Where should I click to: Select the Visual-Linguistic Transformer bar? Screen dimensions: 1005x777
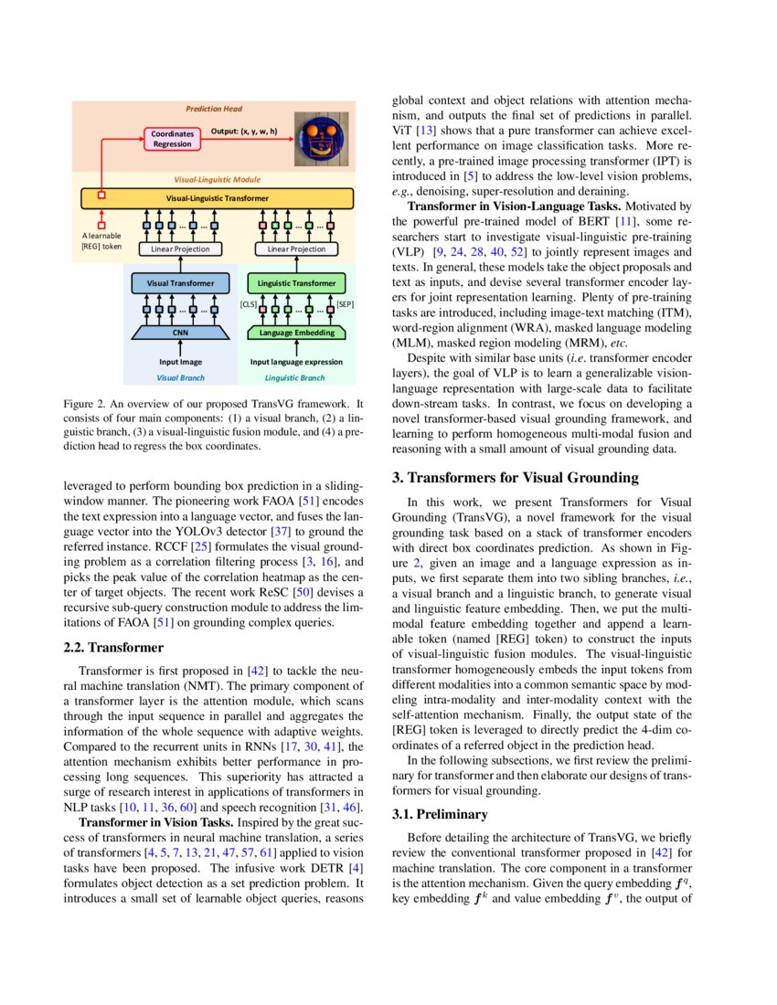click(x=217, y=197)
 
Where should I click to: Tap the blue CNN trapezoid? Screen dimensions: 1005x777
click(x=180, y=334)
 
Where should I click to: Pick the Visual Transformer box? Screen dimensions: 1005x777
click(x=180, y=283)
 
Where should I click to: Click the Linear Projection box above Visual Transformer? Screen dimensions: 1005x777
click(x=180, y=249)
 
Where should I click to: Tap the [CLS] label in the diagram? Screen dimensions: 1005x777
click(x=248, y=303)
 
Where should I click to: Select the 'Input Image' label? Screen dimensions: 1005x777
click(x=180, y=363)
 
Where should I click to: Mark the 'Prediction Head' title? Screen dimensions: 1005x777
click(x=214, y=108)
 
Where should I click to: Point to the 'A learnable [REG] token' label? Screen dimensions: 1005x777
click(x=101, y=241)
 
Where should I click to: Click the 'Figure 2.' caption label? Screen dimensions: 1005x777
click(x=87, y=403)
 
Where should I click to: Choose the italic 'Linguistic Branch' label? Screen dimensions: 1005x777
click(x=294, y=377)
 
